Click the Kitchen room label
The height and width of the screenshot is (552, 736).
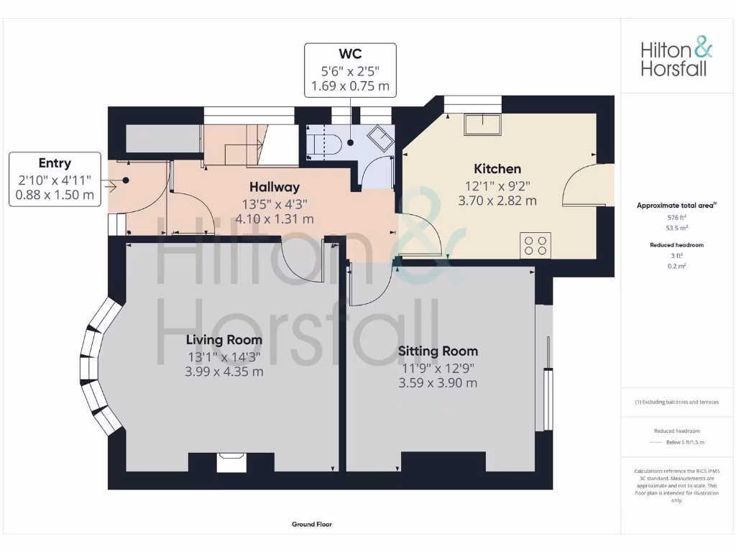(497, 169)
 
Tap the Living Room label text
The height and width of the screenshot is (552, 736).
(224, 339)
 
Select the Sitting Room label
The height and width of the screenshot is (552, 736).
(438, 351)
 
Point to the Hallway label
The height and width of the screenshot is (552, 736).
(275, 187)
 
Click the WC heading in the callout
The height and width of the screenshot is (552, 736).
(350, 54)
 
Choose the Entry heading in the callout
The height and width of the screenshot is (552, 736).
(55, 163)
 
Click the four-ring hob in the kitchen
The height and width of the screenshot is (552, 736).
(535, 244)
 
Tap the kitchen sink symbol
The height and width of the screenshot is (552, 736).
(482, 125)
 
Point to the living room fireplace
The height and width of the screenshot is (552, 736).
(231, 461)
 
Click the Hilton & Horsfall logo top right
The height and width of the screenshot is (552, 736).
(676, 58)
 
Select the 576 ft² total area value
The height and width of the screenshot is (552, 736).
(676, 216)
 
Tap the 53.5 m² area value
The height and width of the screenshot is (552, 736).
(676, 228)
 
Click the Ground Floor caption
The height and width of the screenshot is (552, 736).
(312, 525)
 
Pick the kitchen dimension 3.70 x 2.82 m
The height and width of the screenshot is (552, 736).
(497, 201)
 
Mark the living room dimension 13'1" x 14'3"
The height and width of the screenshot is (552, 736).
(224, 356)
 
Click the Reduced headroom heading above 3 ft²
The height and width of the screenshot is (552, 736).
(676, 244)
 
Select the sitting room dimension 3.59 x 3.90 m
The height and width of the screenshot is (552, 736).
(438, 383)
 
